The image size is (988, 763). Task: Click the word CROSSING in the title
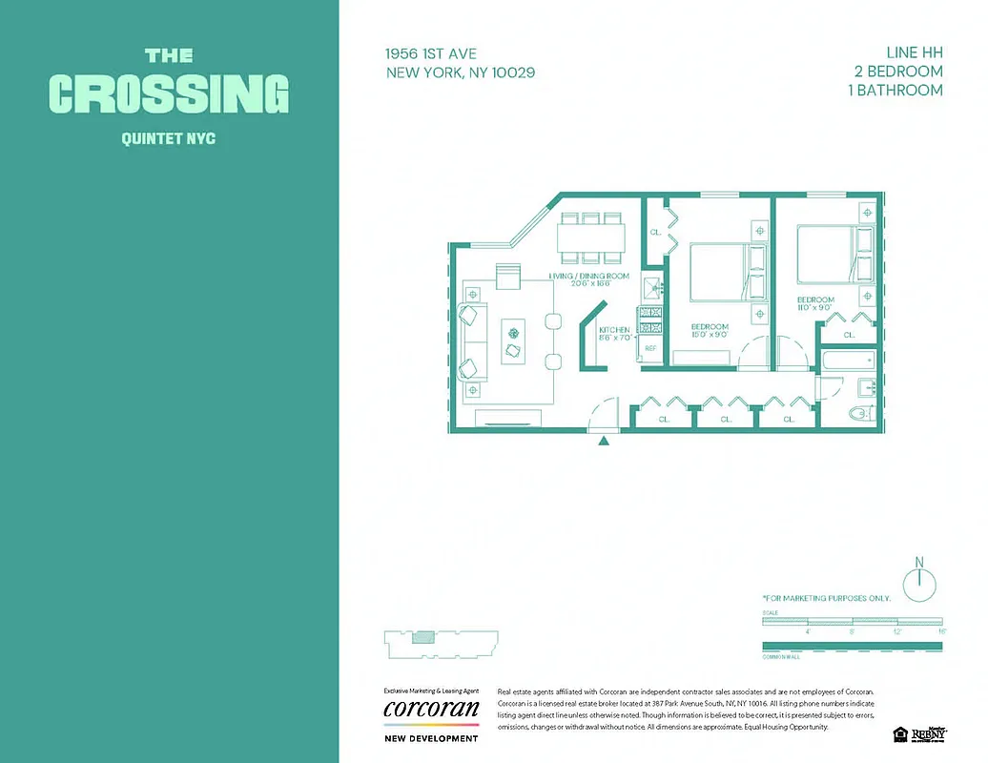[x=169, y=93]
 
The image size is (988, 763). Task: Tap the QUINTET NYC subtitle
[x=169, y=139]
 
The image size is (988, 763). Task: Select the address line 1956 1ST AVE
[x=432, y=53]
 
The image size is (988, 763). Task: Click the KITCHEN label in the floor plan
[x=614, y=332]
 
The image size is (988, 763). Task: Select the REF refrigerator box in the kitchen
[x=651, y=349]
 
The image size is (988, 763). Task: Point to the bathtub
[x=848, y=361]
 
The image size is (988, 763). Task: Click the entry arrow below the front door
[x=602, y=440]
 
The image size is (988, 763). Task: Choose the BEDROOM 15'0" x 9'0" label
[x=710, y=330]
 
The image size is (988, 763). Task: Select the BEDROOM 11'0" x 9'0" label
[x=815, y=303]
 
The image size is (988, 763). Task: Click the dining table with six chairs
[x=591, y=236]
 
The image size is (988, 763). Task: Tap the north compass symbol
[x=919, y=584]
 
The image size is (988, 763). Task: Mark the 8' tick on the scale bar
[x=852, y=630]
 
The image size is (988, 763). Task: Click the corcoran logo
[x=430, y=710]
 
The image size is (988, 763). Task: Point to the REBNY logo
[x=929, y=733]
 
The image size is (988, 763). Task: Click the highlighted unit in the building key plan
[x=422, y=638]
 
